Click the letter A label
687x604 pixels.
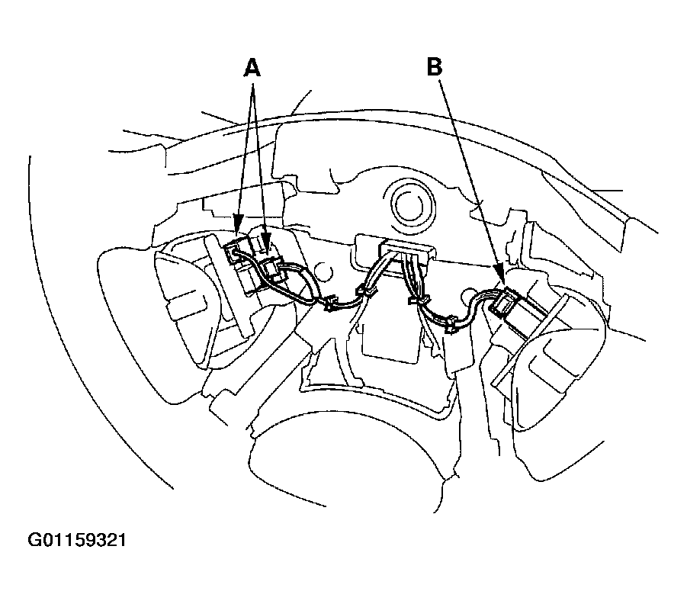click(x=252, y=68)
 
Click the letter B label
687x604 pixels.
click(x=434, y=68)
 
